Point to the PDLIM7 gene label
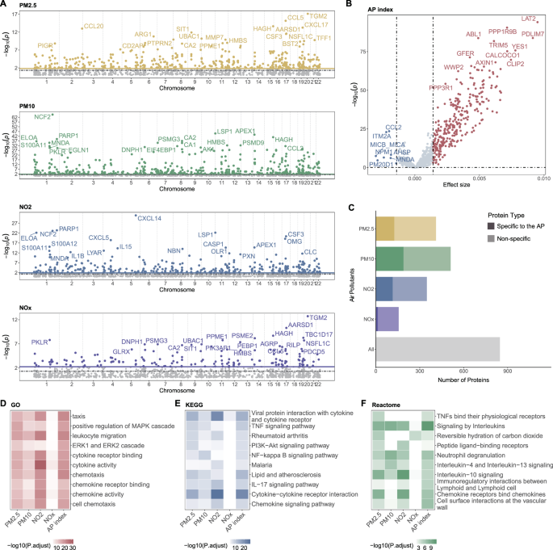tap(533, 35)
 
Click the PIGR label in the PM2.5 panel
tap(46, 45)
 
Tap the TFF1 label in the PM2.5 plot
tap(323, 38)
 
